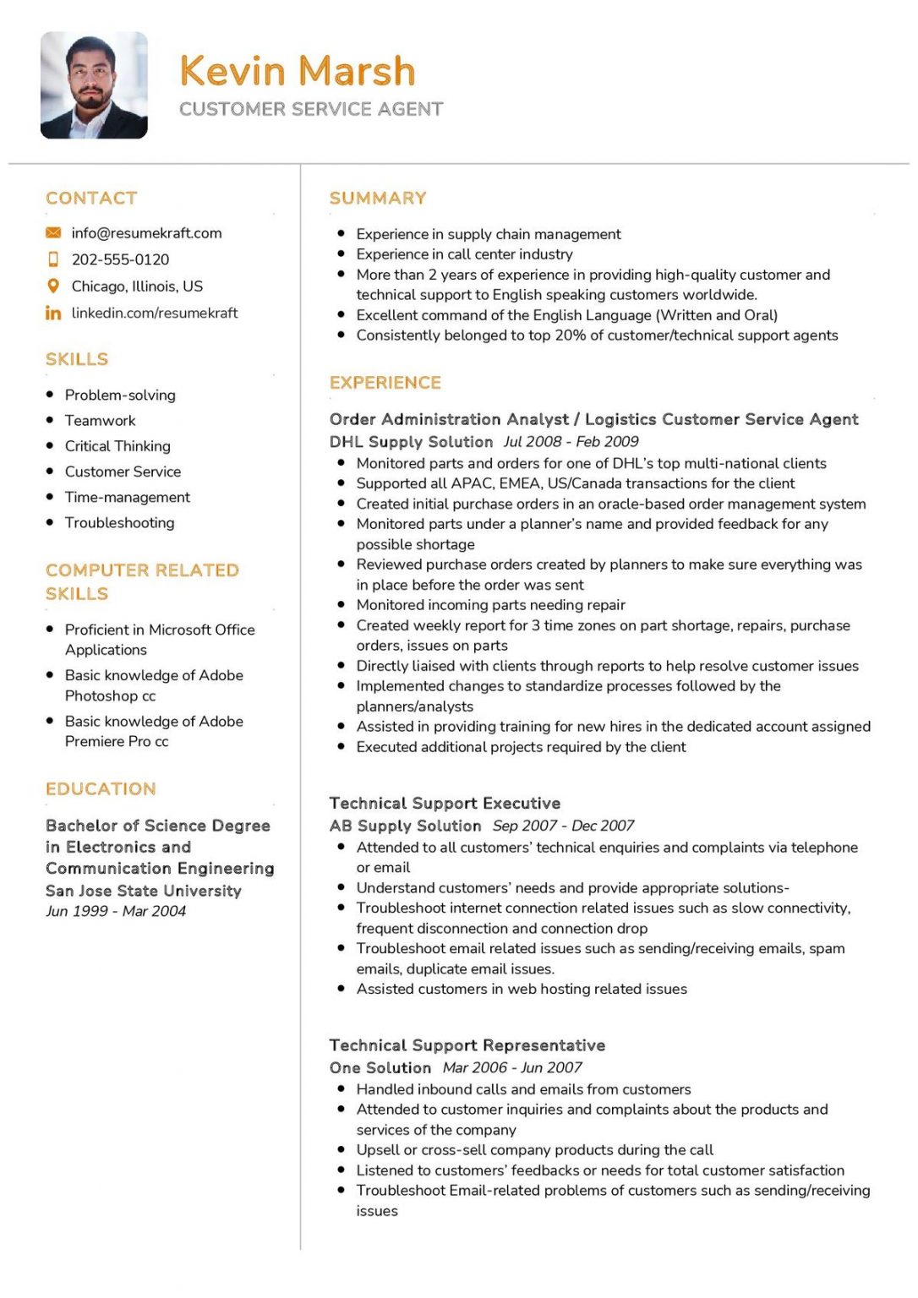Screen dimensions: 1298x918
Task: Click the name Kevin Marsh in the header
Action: click(x=298, y=71)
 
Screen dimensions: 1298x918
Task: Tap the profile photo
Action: click(x=94, y=85)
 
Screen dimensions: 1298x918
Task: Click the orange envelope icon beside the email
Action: click(x=53, y=232)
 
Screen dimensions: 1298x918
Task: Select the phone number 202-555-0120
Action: click(x=120, y=259)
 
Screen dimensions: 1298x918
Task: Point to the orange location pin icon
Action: click(x=53, y=286)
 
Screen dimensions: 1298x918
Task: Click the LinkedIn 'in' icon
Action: click(x=53, y=313)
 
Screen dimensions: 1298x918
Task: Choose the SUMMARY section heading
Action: click(x=378, y=198)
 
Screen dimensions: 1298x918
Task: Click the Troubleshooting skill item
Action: click(x=119, y=522)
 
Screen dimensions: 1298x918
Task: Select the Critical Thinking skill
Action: click(x=117, y=445)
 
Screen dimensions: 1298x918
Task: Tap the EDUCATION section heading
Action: click(x=101, y=788)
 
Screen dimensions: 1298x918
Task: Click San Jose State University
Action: click(x=144, y=891)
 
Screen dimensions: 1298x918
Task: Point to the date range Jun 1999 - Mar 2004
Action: click(x=116, y=911)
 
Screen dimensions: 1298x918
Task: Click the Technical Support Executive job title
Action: click(x=445, y=803)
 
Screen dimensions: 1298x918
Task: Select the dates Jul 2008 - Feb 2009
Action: click(x=571, y=441)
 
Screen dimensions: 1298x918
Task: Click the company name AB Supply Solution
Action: click(x=405, y=826)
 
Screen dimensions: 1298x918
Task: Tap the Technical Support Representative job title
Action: click(x=467, y=1044)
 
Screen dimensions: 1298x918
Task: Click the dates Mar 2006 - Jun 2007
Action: click(x=512, y=1067)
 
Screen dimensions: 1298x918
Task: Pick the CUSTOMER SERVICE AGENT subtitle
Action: click(x=311, y=109)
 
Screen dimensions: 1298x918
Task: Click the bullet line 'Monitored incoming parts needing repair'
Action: click(x=490, y=604)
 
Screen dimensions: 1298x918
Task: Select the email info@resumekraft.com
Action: click(x=146, y=232)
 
